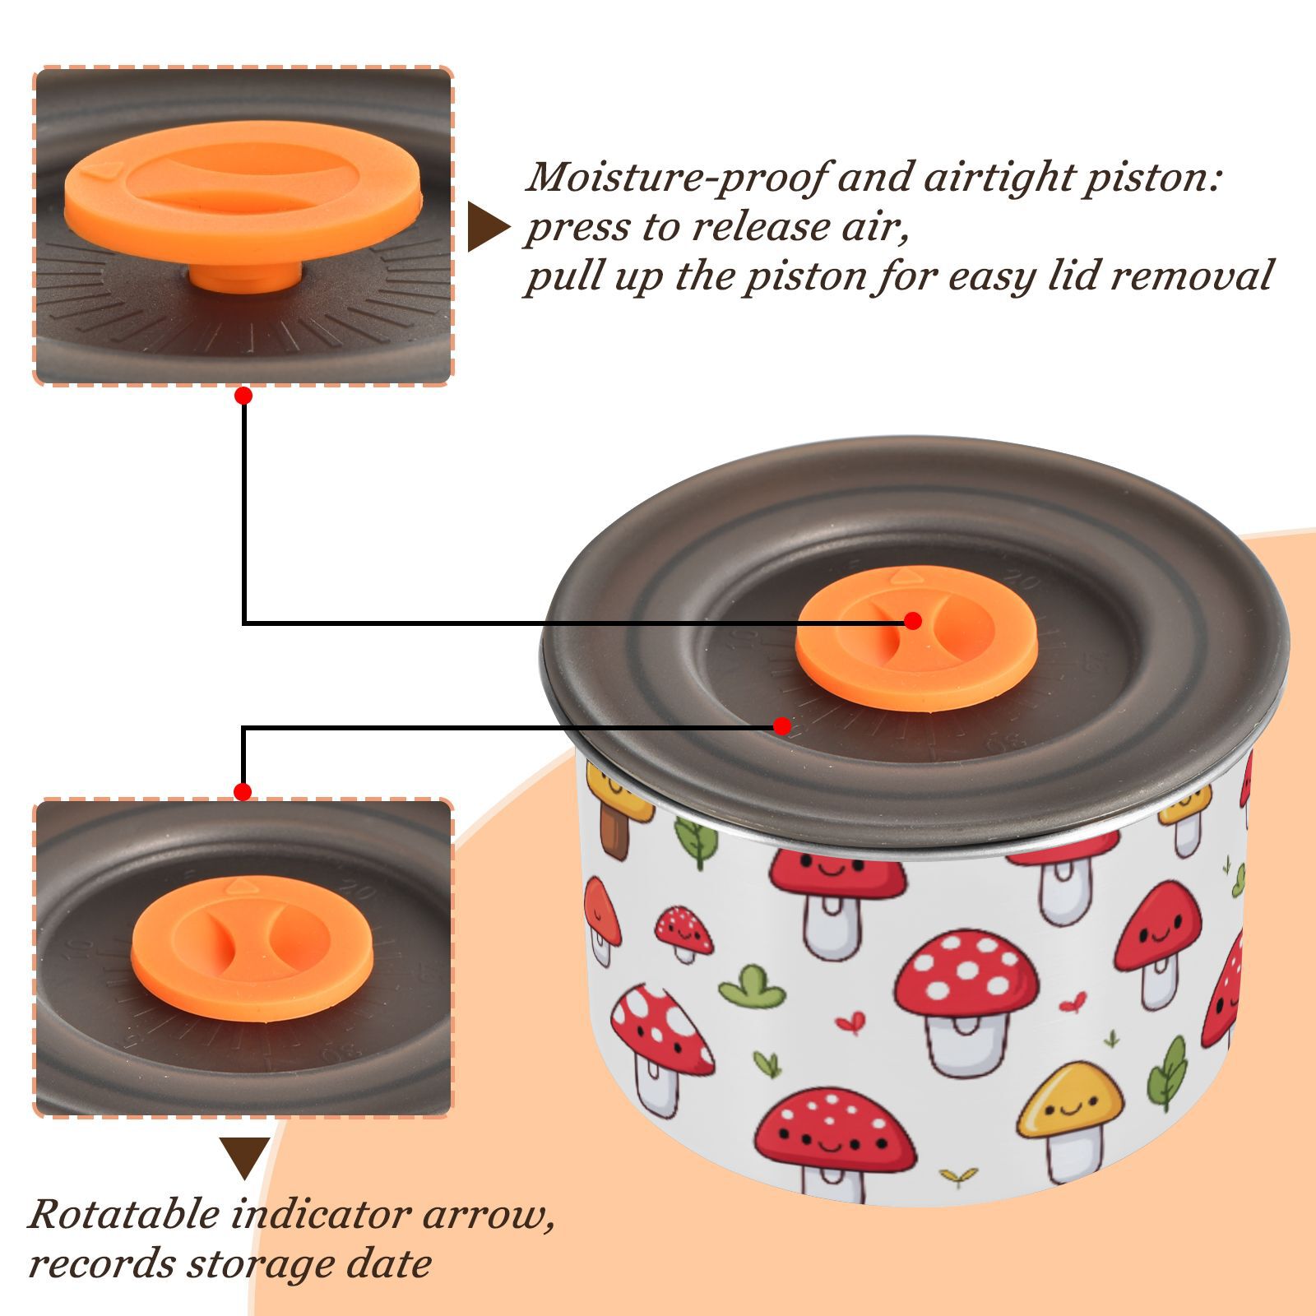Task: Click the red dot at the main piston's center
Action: point(912,621)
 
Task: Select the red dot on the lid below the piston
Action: point(782,726)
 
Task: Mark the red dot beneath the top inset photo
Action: point(243,396)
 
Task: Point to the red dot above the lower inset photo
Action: point(243,792)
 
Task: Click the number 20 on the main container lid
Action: point(1025,583)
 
